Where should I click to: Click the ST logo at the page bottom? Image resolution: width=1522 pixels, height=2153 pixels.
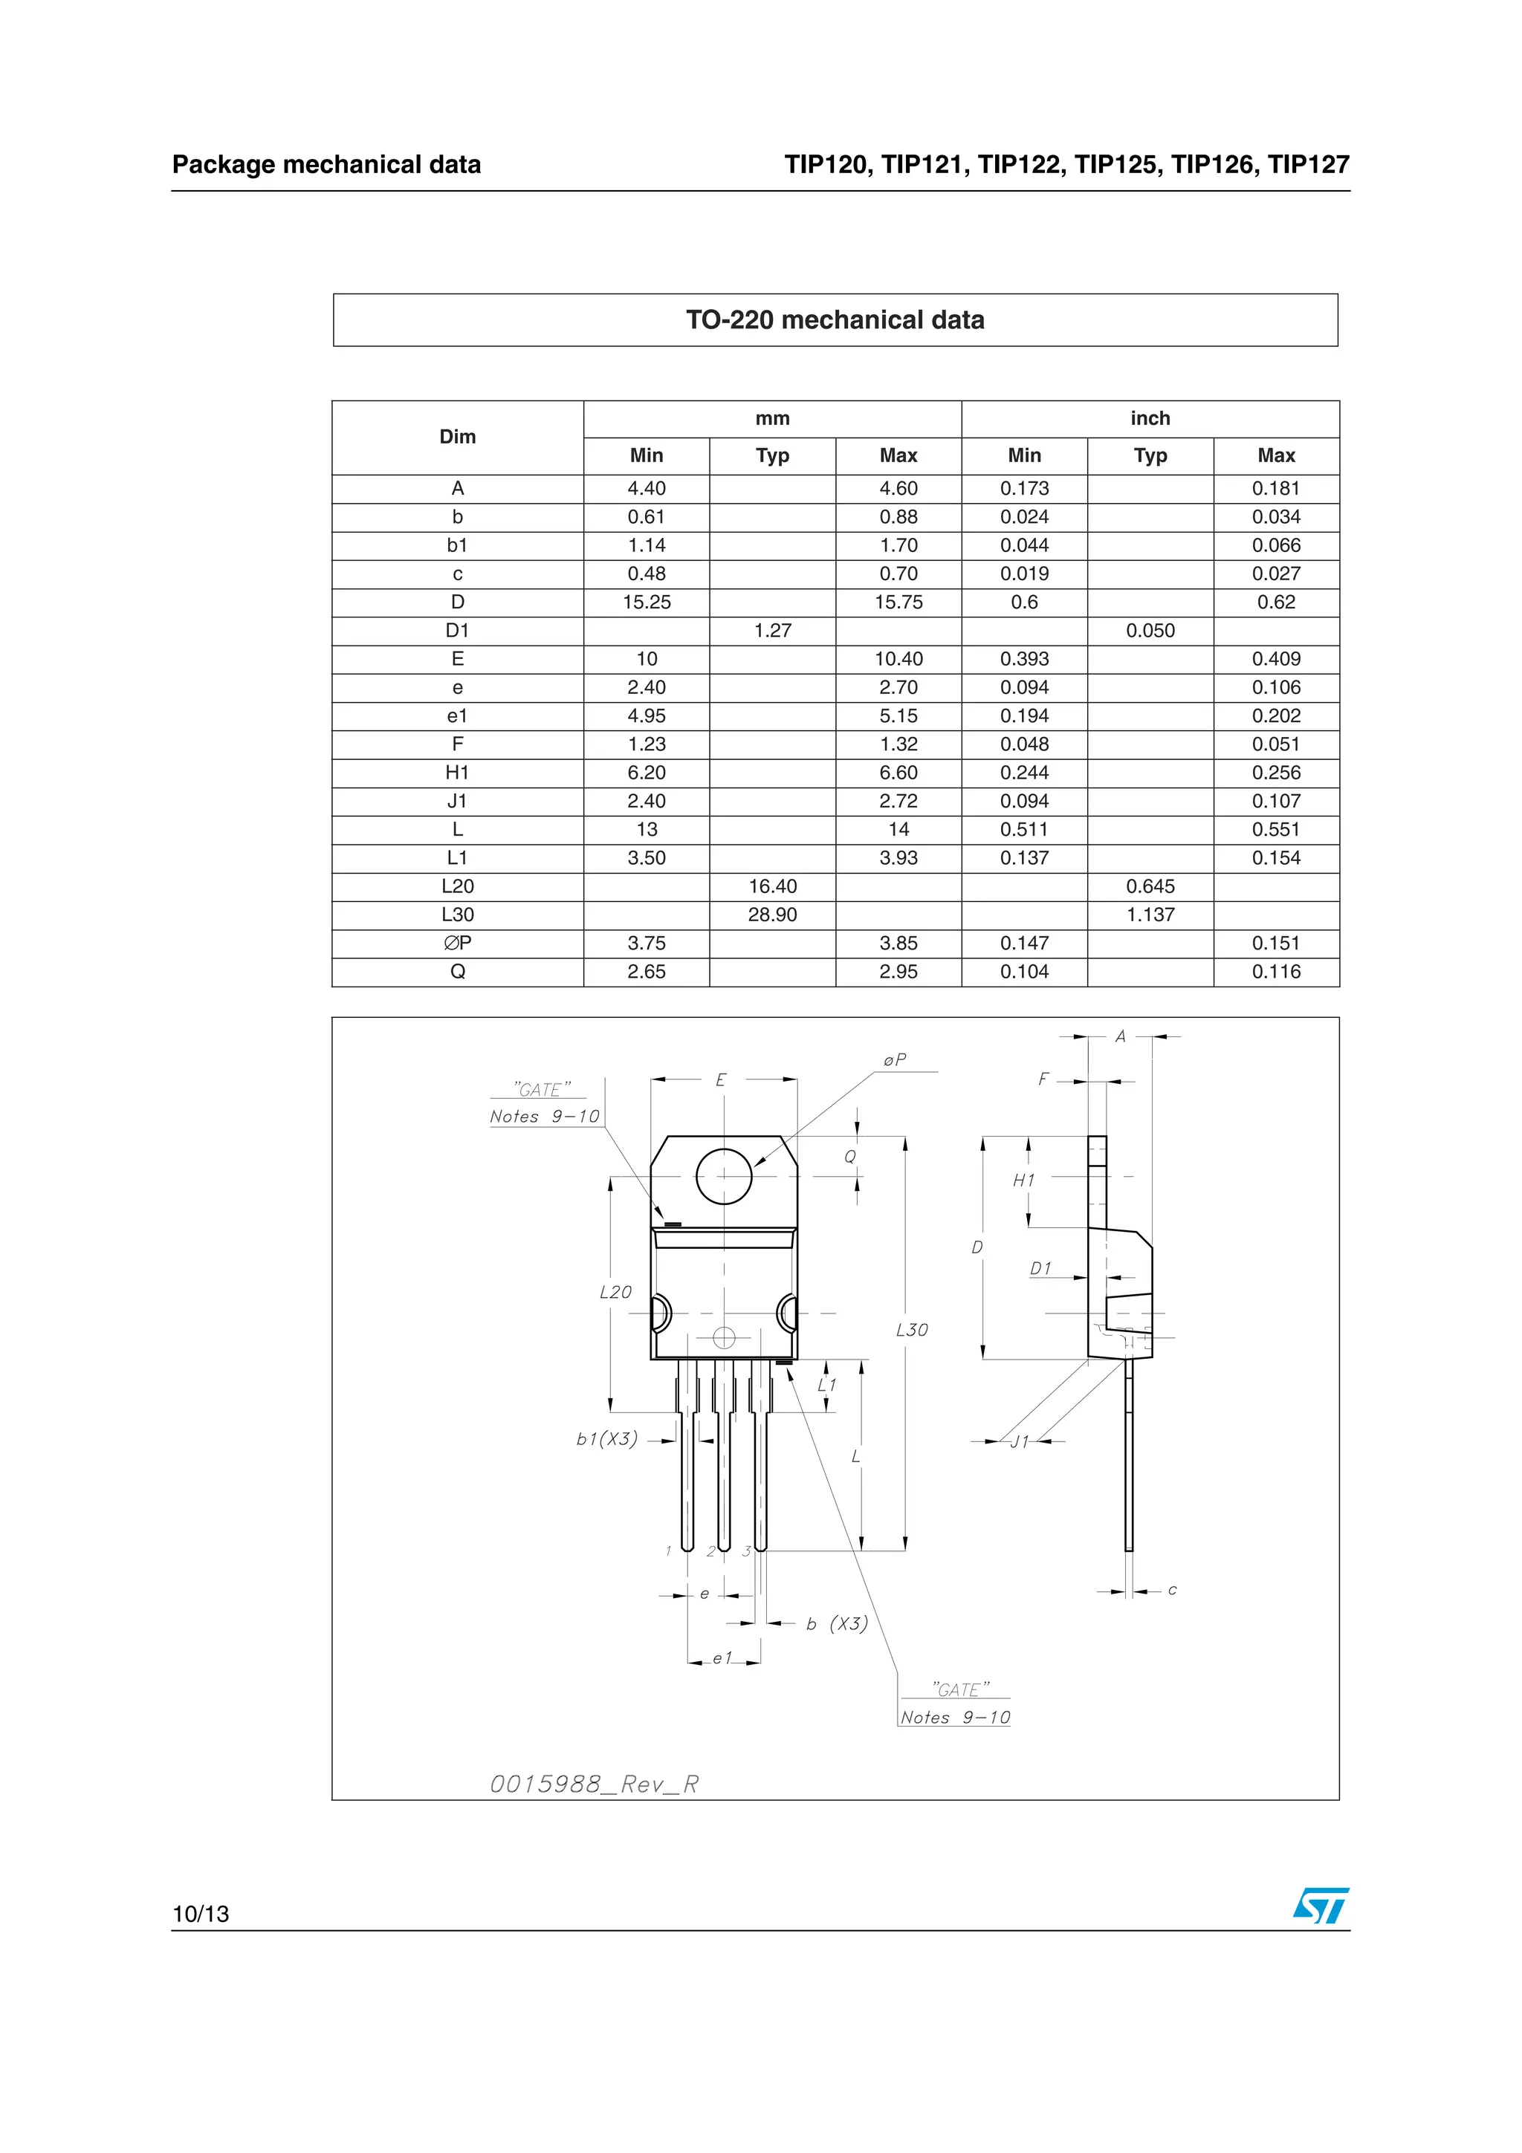tap(1321, 1906)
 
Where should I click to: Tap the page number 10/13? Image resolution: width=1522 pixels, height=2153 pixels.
tap(201, 1914)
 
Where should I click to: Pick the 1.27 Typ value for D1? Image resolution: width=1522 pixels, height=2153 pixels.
tap(772, 630)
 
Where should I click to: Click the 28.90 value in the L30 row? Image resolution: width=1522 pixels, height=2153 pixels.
tap(772, 915)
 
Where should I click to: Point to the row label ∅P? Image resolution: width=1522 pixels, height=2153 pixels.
tap(458, 943)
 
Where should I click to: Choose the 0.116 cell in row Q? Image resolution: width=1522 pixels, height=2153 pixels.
tap(1275, 972)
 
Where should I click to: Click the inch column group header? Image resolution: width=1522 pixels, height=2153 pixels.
tap(1150, 418)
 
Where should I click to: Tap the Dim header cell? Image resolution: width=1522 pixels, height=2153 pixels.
tap(458, 437)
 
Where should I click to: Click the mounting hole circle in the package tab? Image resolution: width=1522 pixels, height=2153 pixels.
tap(724, 1176)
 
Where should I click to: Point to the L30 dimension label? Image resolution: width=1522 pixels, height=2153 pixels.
tap(912, 1330)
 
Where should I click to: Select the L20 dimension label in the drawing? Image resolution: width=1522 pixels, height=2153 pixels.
tap(615, 1292)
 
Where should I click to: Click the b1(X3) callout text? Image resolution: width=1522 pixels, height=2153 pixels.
tap(606, 1438)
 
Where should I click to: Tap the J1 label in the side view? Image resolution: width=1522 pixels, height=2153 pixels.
tap(1020, 1441)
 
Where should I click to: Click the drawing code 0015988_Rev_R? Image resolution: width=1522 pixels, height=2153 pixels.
tap(595, 1784)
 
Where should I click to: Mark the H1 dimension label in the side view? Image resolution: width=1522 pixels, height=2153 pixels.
tap(1023, 1181)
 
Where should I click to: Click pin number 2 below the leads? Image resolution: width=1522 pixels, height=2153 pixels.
tap(710, 1551)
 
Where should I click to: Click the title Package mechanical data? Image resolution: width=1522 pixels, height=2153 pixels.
tap(326, 164)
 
